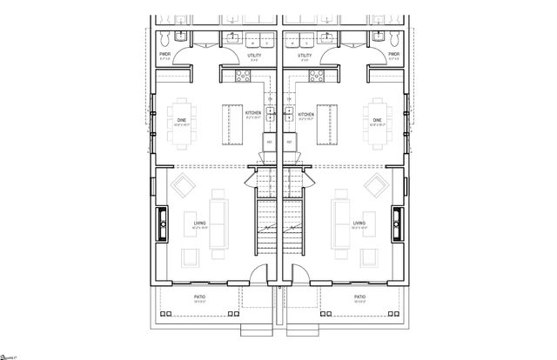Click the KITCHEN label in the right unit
coord(305,114)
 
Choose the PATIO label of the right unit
coord(359,297)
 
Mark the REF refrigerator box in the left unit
coord(268,140)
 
